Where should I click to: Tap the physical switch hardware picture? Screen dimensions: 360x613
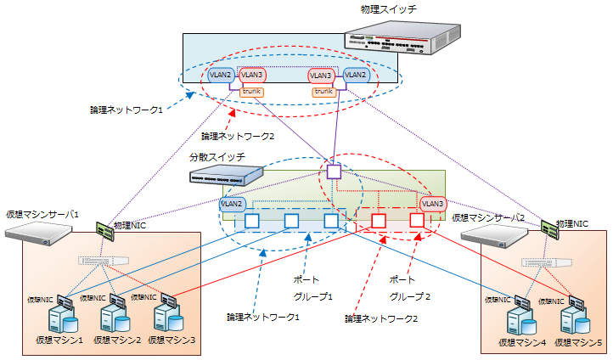[x=402, y=39]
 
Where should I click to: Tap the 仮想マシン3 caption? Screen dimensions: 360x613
[x=172, y=340]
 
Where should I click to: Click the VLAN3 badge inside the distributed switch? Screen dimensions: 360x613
[x=432, y=204]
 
